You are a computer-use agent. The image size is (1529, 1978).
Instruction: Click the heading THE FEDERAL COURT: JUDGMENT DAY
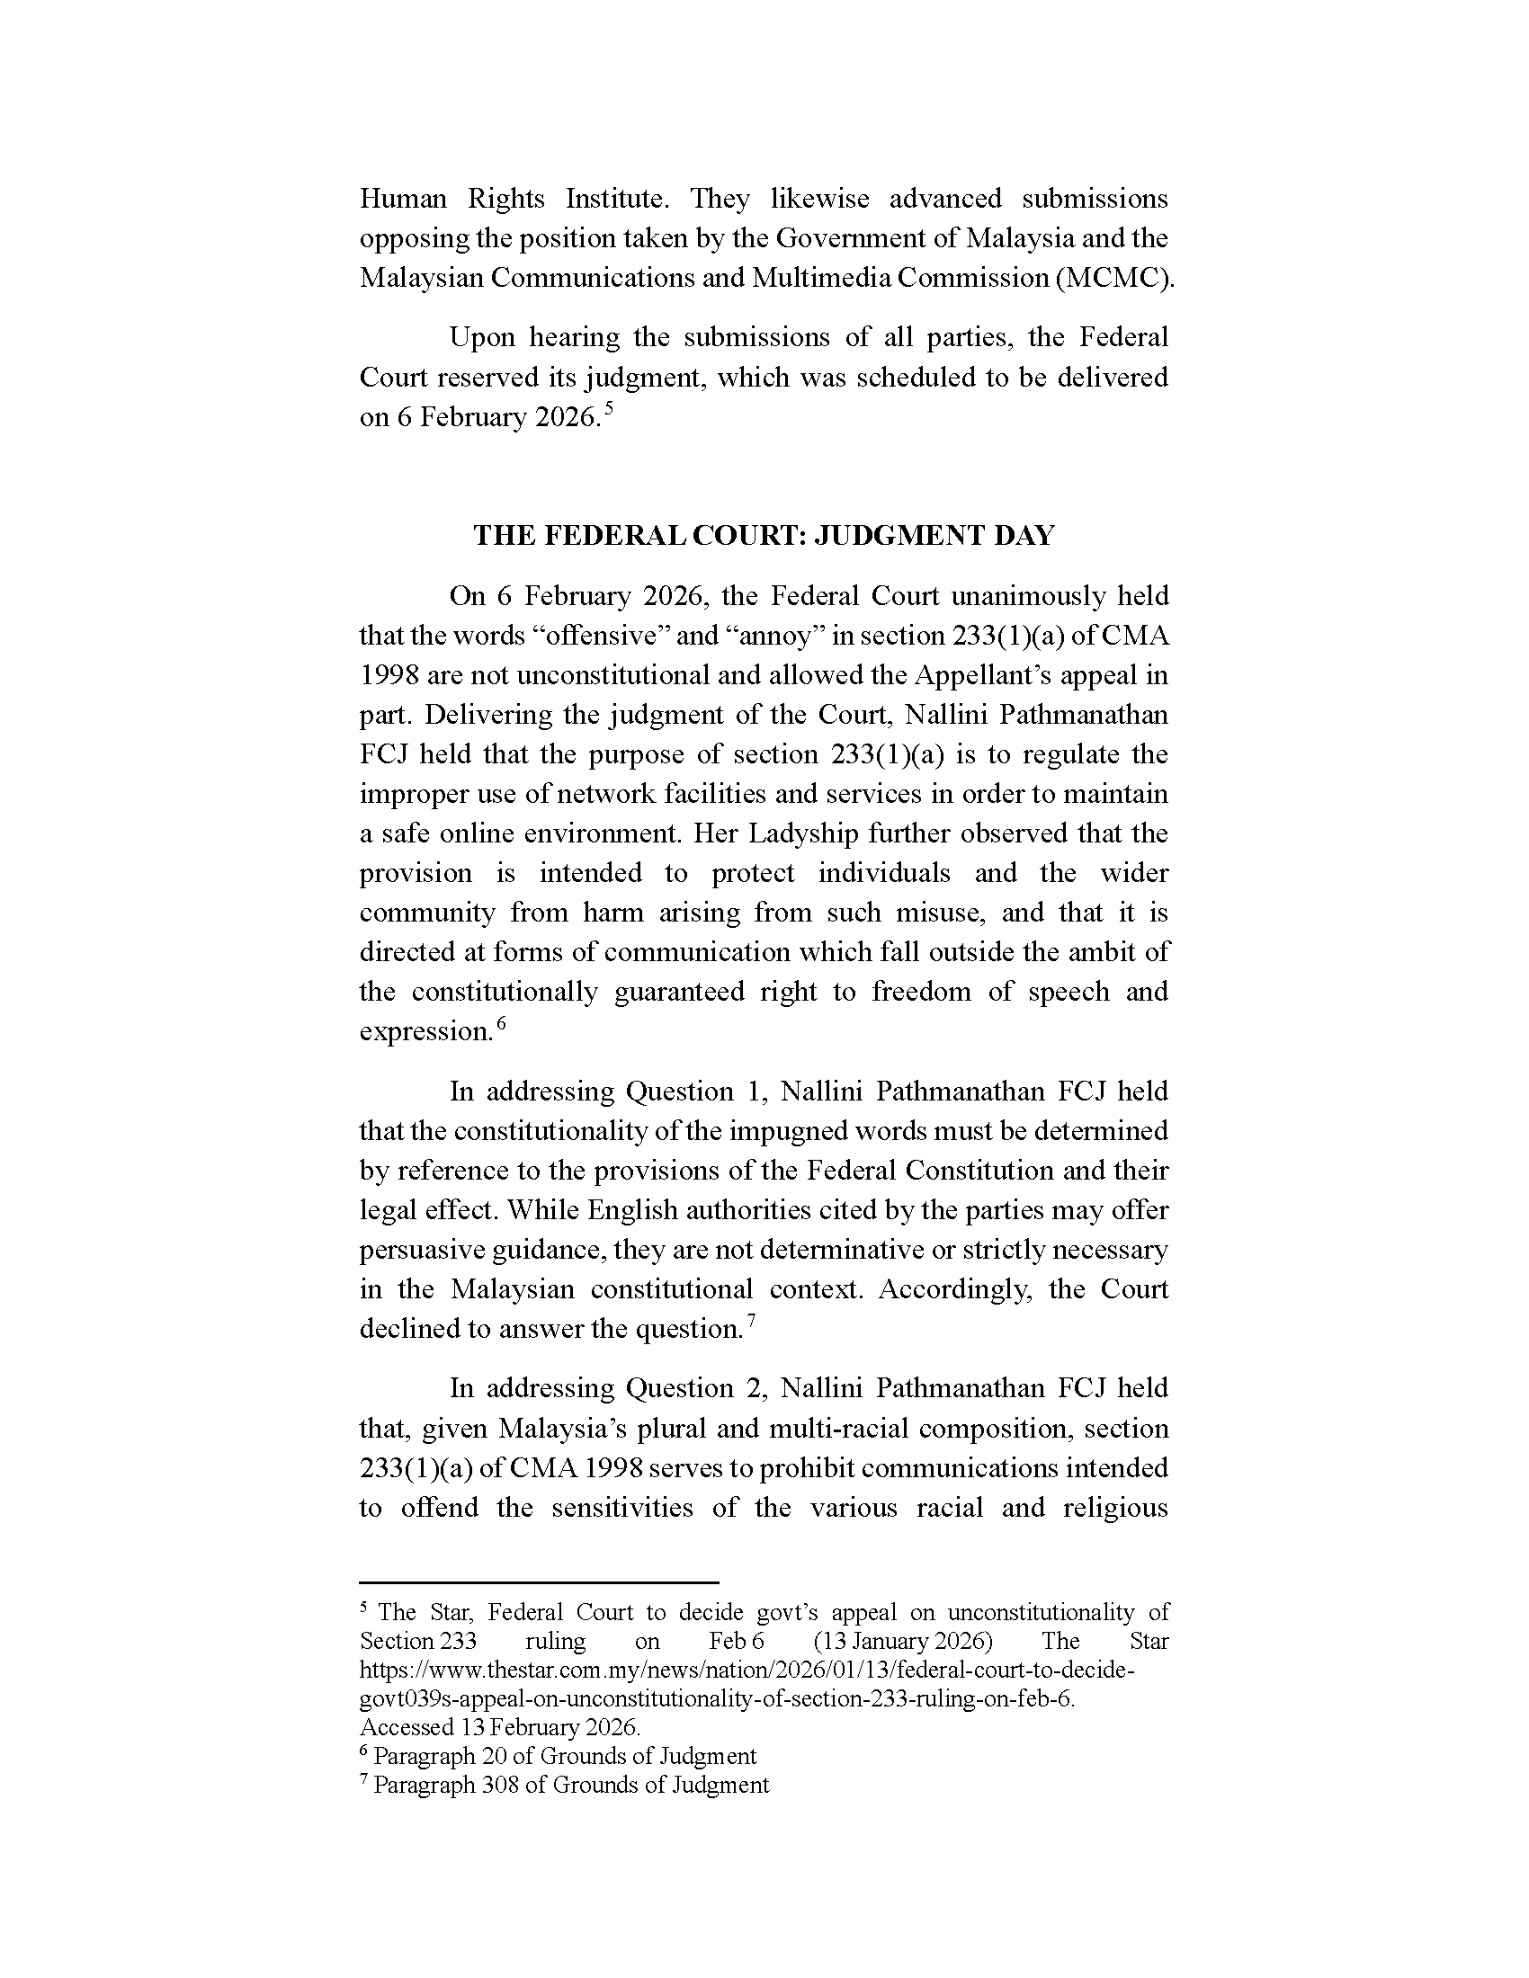pyautogui.click(x=764, y=535)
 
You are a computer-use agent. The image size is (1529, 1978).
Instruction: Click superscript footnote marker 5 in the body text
pyautogui.click(x=609, y=409)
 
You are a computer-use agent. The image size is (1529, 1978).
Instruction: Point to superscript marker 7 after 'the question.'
pyautogui.click(x=751, y=1322)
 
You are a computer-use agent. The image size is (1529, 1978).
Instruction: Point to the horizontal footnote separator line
pyautogui.click(x=539, y=1582)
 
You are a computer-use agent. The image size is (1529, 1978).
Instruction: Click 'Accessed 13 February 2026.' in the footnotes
pyautogui.click(x=500, y=1727)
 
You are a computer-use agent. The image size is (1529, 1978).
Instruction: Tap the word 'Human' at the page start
pyautogui.click(x=402, y=199)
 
